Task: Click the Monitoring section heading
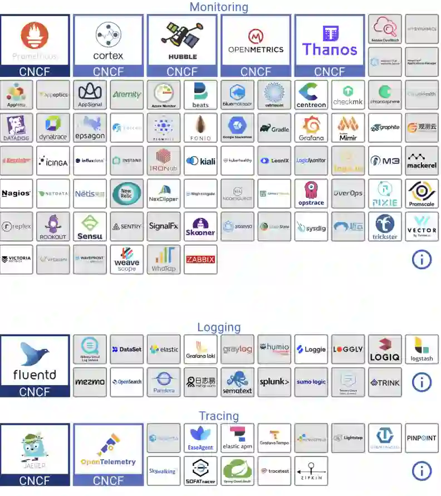click(x=219, y=7)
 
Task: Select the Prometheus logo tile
click(x=35, y=40)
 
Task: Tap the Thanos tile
click(x=330, y=40)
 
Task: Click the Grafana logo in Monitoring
click(x=311, y=128)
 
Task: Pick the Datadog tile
click(x=16, y=128)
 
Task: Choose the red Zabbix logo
click(x=200, y=259)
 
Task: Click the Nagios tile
click(x=16, y=193)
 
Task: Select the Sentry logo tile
click(x=127, y=226)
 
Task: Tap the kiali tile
click(x=200, y=161)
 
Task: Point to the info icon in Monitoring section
click(x=422, y=259)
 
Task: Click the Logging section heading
click(x=219, y=327)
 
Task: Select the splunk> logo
click(x=274, y=382)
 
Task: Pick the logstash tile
click(x=422, y=349)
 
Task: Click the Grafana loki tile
click(x=200, y=349)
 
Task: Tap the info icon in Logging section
click(x=422, y=382)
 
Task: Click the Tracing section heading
click(x=219, y=416)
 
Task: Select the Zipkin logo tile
click(x=311, y=471)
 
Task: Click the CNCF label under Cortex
click(x=109, y=71)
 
